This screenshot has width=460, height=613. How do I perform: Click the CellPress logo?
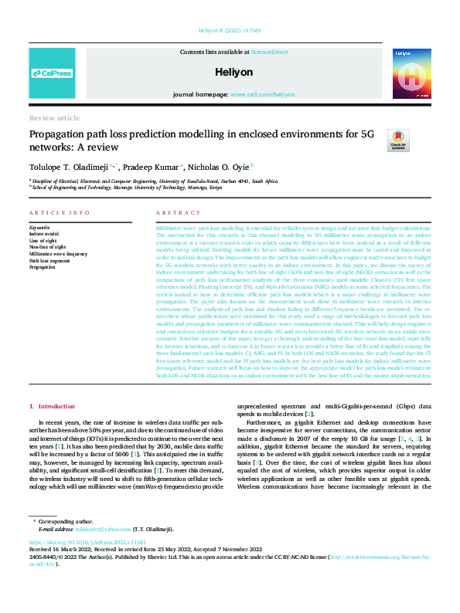[x=52, y=74]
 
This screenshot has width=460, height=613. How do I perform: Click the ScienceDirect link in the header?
[x=270, y=52]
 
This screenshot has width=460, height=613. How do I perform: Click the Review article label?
[x=54, y=118]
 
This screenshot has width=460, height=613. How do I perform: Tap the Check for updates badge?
[x=398, y=140]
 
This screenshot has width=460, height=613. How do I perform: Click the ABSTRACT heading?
[x=172, y=212]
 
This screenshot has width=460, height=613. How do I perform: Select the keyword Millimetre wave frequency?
[x=59, y=253]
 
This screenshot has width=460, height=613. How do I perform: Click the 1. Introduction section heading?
[x=53, y=406]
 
